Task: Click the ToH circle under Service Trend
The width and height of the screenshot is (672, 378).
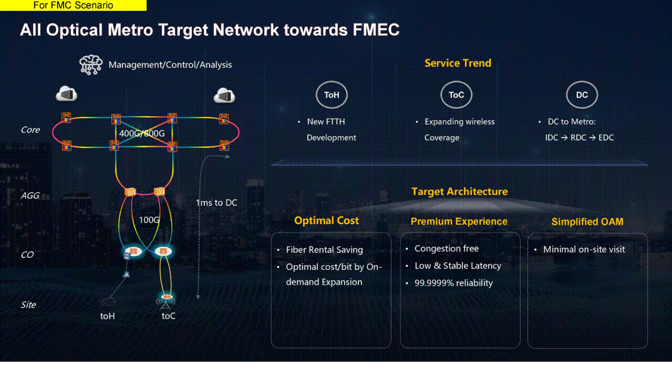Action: [x=332, y=95]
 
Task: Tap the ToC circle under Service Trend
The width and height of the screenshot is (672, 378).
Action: [x=456, y=95]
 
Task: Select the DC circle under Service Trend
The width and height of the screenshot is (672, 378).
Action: [x=582, y=95]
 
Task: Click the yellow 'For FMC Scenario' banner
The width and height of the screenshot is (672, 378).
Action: [x=73, y=6]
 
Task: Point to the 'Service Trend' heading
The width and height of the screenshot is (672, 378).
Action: [x=458, y=63]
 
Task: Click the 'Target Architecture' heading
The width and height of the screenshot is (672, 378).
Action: [x=459, y=192]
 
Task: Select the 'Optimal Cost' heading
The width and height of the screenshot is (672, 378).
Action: [x=326, y=220]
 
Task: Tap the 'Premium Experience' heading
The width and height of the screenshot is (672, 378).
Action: [x=459, y=222]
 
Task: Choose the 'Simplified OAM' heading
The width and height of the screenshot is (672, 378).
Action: [x=587, y=222]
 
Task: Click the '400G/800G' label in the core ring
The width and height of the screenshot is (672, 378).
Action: [x=142, y=133]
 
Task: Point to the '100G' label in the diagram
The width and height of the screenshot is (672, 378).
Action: [x=149, y=219]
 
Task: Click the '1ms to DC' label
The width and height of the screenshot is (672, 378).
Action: [x=216, y=203]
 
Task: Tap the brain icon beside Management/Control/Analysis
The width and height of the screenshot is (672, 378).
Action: [x=90, y=65]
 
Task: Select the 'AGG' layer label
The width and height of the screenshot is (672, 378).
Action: [x=30, y=196]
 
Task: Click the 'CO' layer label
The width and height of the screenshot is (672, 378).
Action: [x=27, y=255]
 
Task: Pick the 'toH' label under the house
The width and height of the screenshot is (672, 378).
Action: [x=108, y=316]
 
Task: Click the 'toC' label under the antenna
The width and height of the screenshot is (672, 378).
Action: [x=168, y=316]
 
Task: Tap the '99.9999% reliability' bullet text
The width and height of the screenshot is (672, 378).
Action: [x=453, y=283]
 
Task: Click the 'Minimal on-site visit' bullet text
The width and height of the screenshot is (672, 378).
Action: [x=584, y=249]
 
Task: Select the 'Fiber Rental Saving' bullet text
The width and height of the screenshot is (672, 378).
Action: [x=324, y=250]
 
